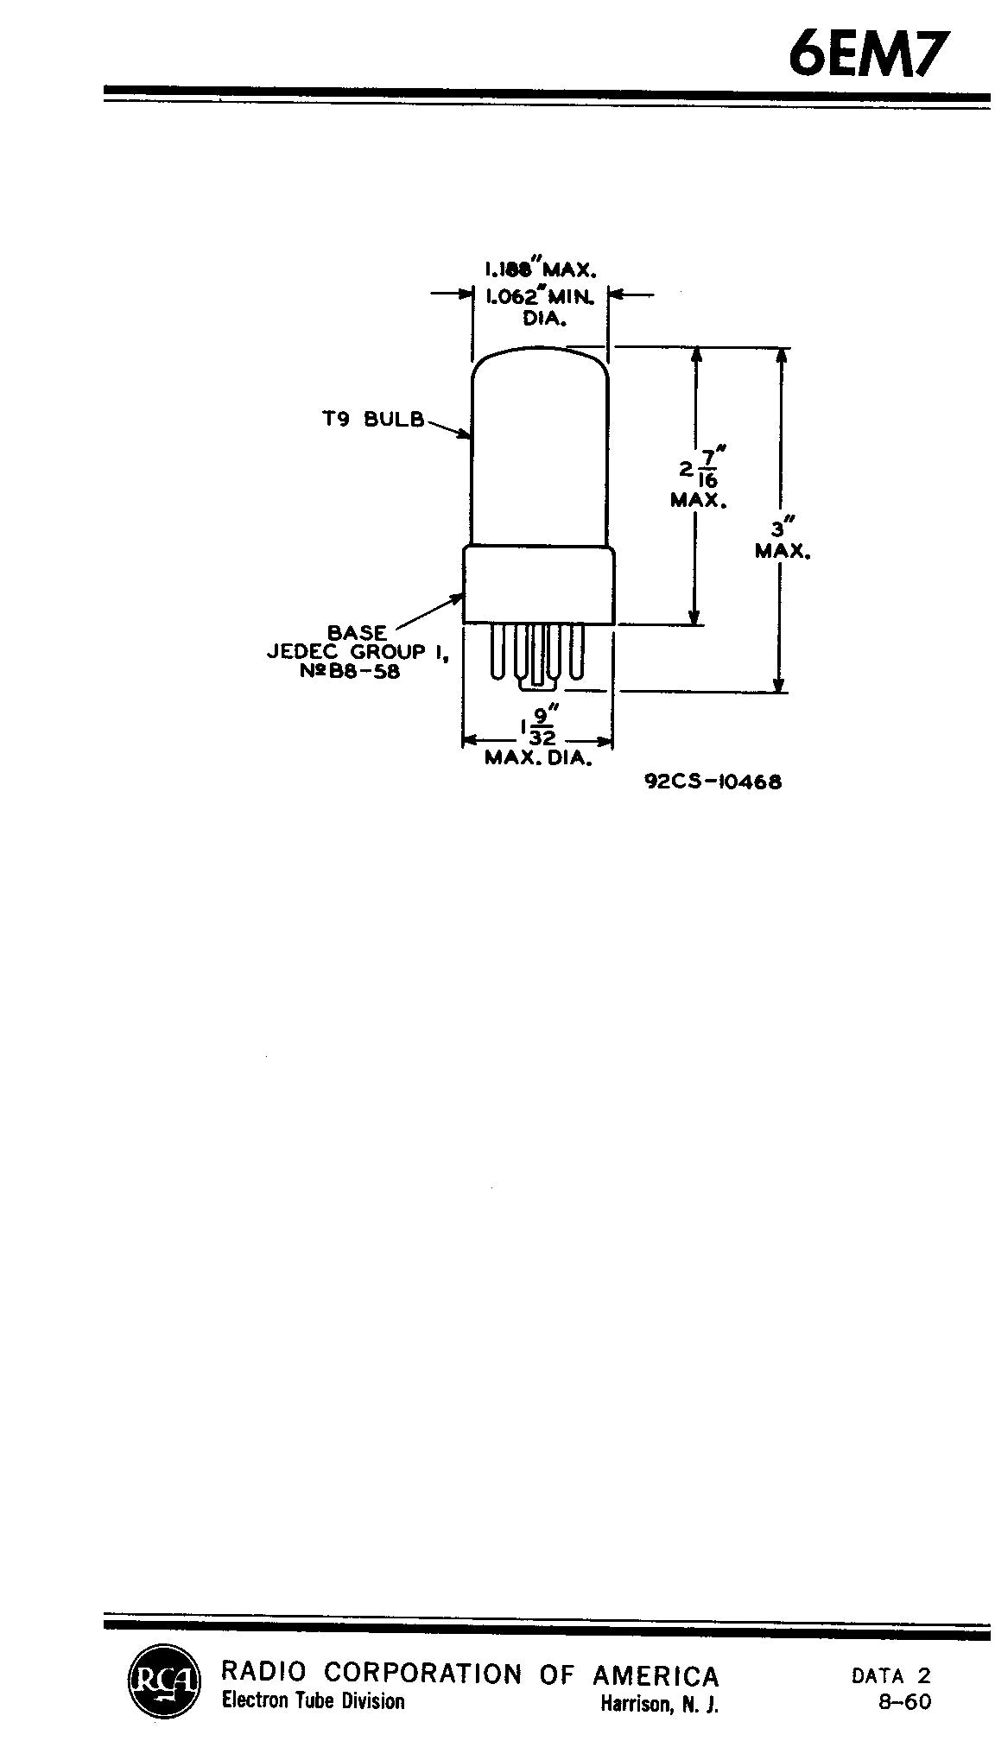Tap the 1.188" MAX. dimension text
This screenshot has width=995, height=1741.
point(540,269)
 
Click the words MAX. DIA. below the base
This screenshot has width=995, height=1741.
point(538,759)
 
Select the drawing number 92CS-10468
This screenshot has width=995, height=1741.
point(713,782)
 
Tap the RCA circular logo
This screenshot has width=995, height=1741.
point(163,1680)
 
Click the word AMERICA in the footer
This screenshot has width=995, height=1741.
point(656,1676)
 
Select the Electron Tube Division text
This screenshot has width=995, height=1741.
point(314,1701)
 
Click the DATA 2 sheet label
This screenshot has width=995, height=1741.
point(891,1675)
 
